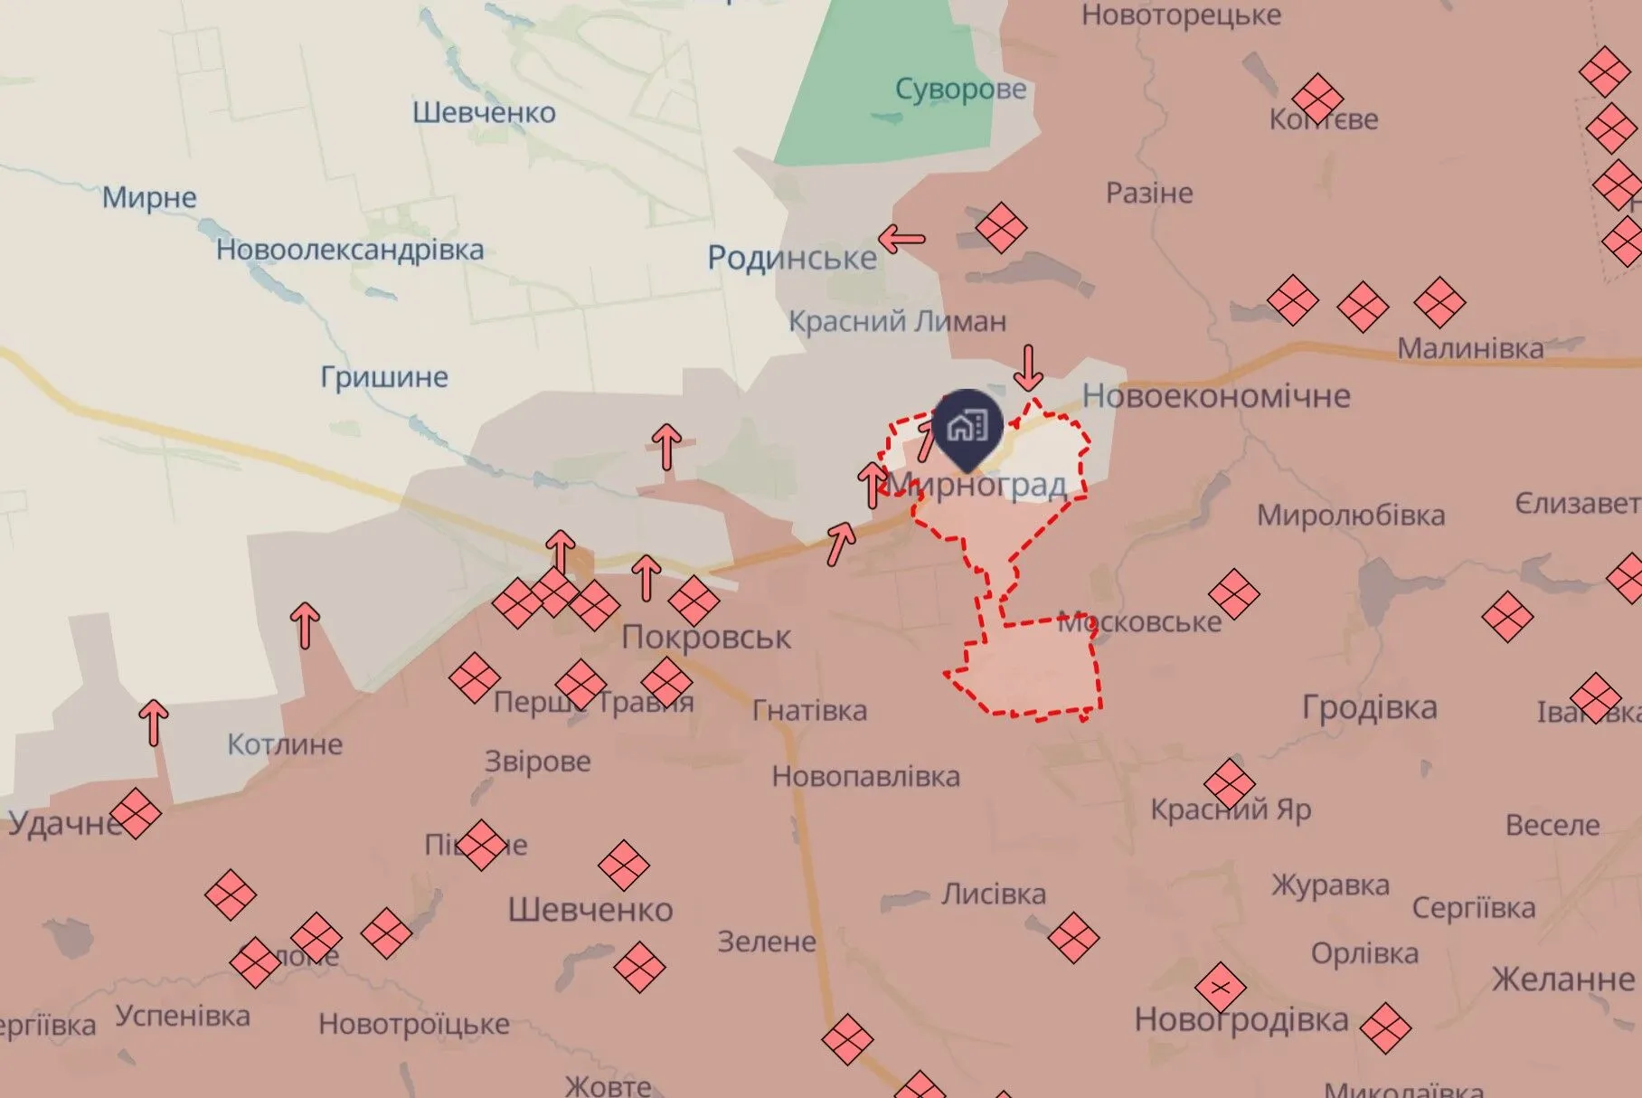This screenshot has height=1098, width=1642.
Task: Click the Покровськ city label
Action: (x=706, y=638)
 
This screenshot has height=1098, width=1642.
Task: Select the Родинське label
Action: (x=791, y=259)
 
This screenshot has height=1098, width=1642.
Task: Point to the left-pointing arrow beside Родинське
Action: (x=901, y=240)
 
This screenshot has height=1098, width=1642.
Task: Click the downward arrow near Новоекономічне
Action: (x=1028, y=367)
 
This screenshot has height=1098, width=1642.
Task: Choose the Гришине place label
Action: (x=384, y=377)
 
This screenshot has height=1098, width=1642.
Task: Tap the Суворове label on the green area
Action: (x=960, y=90)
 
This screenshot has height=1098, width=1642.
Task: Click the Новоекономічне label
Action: (x=1216, y=396)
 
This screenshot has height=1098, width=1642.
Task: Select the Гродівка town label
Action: (x=1369, y=707)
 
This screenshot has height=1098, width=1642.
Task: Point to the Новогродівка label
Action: (x=1241, y=1020)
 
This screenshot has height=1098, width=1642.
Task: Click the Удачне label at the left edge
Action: (x=63, y=824)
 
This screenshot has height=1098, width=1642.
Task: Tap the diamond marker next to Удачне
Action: (x=136, y=814)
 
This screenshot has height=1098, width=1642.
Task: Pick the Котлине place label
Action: (x=285, y=744)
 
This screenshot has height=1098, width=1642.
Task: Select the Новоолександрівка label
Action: (x=350, y=250)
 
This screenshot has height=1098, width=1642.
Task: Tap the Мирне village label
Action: (x=149, y=197)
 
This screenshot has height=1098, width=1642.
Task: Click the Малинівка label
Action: (x=1470, y=348)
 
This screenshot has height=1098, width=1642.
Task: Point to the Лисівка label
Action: (x=993, y=894)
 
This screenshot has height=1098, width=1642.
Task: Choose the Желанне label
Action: (x=1562, y=980)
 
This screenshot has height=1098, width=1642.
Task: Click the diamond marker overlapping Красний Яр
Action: (x=1229, y=784)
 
